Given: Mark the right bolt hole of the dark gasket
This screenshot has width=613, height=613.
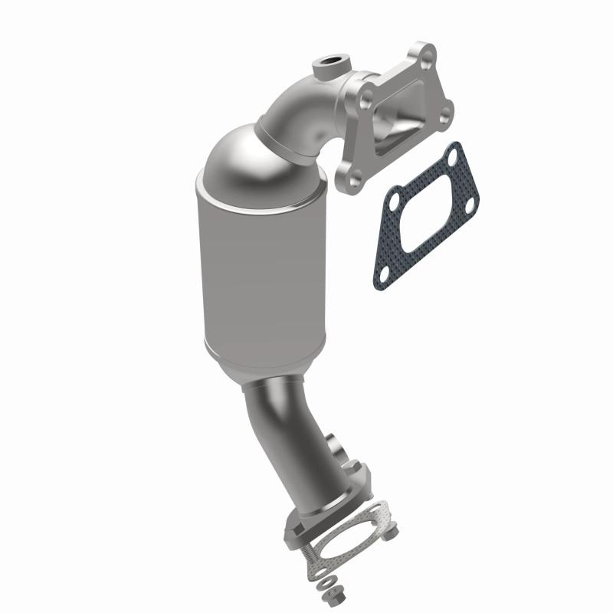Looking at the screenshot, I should [469, 202].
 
